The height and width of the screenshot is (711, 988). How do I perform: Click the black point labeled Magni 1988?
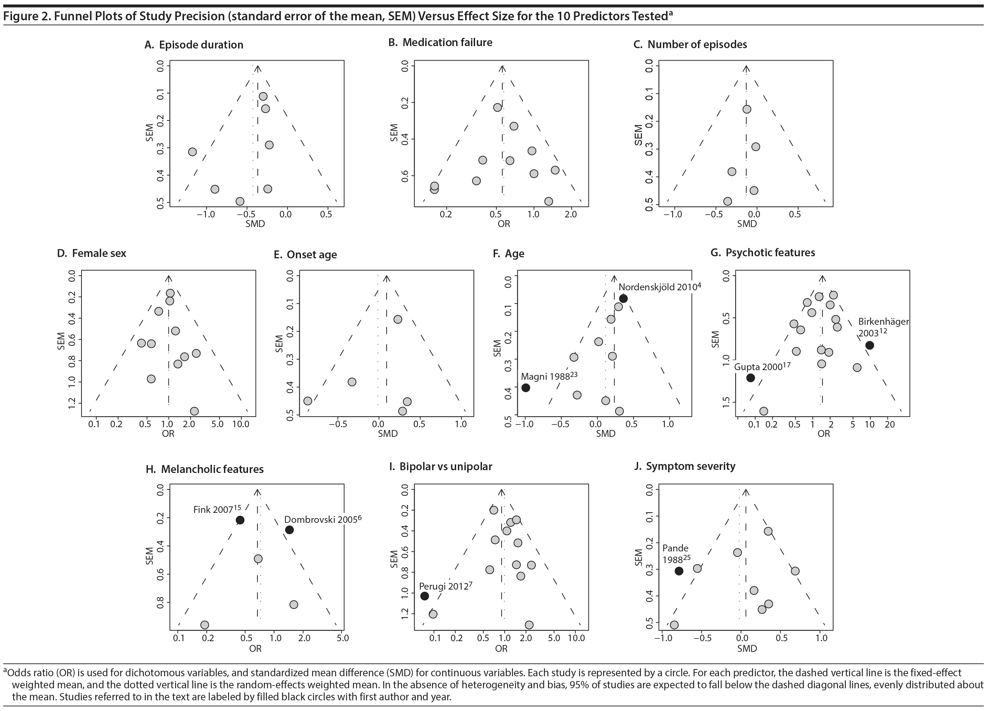526,388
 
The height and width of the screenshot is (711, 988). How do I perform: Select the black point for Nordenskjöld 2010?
623,299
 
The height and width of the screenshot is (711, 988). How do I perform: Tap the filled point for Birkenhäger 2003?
870,345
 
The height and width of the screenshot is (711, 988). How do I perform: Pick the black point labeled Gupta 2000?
751,378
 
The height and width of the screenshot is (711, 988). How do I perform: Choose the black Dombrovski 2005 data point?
289,530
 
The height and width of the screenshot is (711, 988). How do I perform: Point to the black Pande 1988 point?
679,571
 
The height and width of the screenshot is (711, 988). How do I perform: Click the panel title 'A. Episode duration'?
194,45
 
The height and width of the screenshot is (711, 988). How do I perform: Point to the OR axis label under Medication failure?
504,224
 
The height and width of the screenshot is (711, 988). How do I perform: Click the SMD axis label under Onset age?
388,433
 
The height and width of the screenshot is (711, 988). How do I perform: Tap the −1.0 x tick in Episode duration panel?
205,214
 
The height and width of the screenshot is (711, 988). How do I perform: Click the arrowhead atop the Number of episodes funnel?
746,69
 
